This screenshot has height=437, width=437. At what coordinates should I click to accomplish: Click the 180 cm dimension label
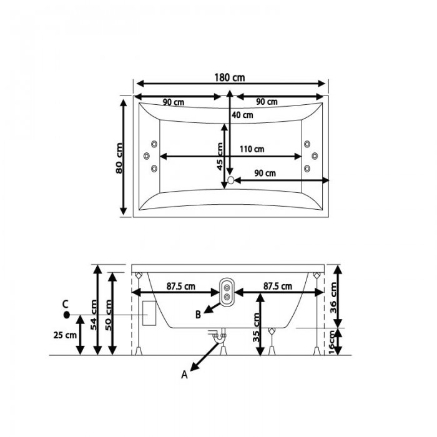click(230, 77)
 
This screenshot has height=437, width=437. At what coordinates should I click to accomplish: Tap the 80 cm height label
click(119, 158)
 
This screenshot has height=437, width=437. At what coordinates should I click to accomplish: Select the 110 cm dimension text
click(252, 149)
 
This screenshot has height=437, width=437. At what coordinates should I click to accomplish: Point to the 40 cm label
click(242, 114)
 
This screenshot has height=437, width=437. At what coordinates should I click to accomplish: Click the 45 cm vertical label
click(220, 156)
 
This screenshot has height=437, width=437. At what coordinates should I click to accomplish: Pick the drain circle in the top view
click(231, 180)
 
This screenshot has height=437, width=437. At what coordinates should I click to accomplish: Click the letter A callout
click(185, 375)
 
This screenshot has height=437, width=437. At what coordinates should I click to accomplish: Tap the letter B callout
click(198, 315)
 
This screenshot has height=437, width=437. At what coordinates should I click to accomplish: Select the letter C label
click(66, 304)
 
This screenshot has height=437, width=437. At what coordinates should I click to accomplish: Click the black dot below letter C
click(66, 315)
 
